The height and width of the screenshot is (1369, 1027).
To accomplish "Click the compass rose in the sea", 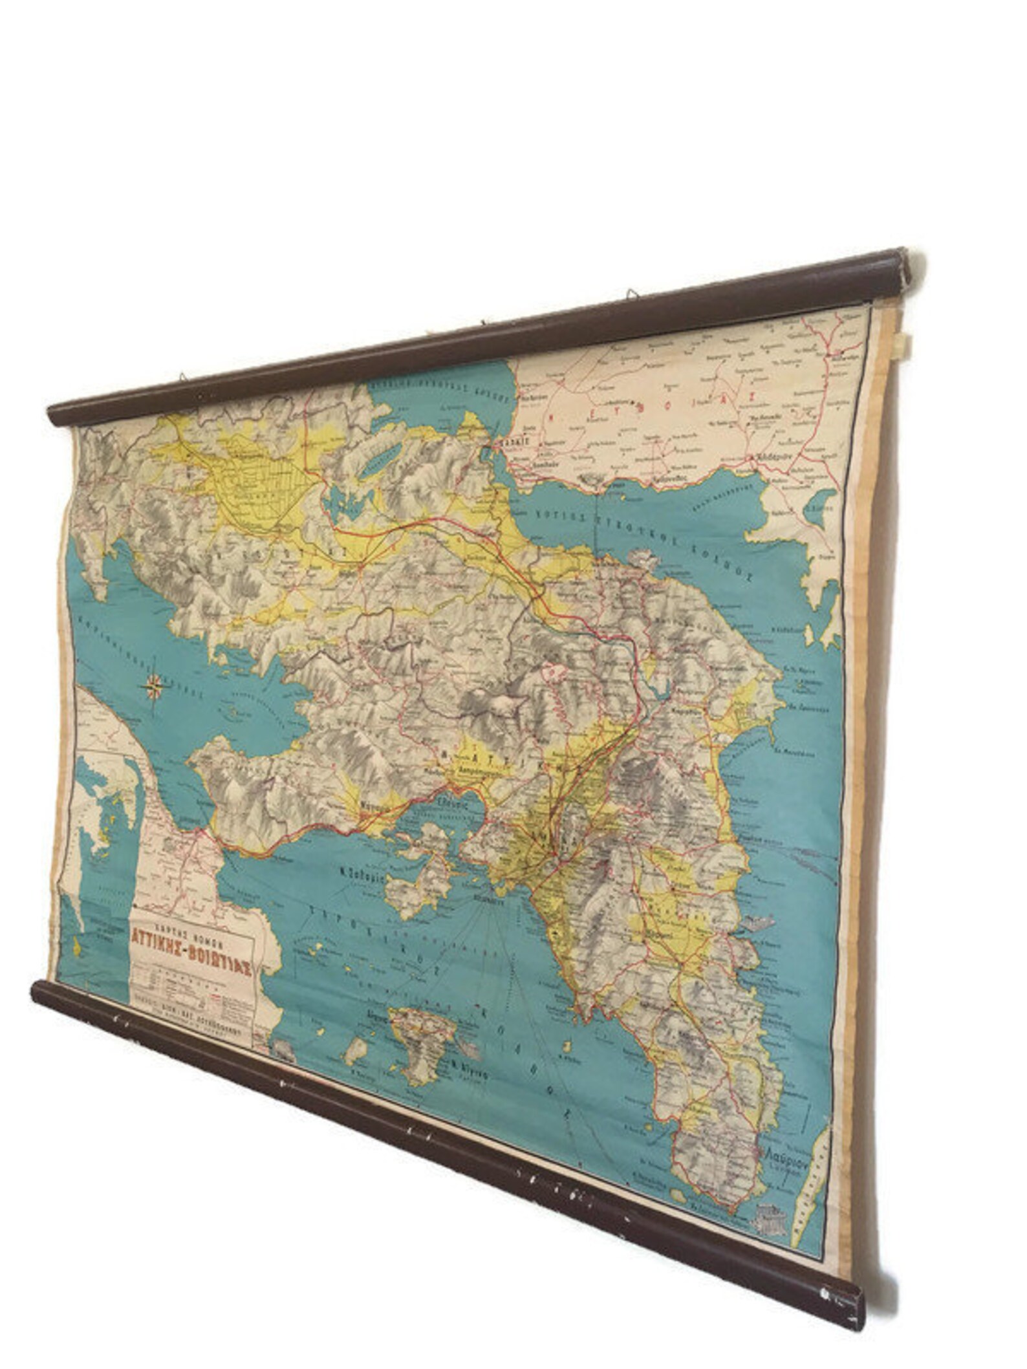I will coord(155,687).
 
